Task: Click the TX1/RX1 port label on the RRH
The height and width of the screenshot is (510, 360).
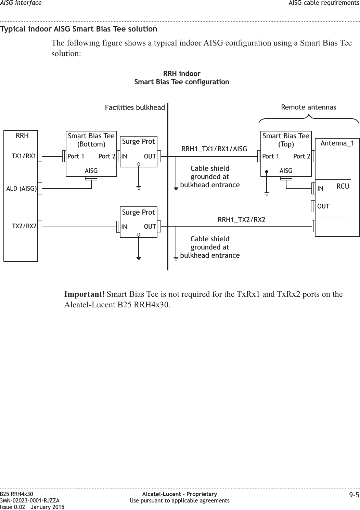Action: pyautogui.click(x=24, y=156)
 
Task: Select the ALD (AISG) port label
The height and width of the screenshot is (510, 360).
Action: pyautogui.click(x=21, y=188)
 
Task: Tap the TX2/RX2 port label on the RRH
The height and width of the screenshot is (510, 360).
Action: pyautogui.click(x=24, y=226)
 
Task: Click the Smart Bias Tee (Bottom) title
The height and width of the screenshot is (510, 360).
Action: pyautogui.click(x=91, y=140)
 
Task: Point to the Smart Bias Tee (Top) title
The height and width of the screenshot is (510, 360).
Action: pyautogui.click(x=286, y=140)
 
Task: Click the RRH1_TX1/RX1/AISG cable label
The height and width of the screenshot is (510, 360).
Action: pyautogui.click(x=214, y=149)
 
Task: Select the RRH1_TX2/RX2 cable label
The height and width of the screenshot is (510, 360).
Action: pyautogui.click(x=242, y=219)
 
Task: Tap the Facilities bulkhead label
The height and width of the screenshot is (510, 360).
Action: pyautogui.click(x=135, y=107)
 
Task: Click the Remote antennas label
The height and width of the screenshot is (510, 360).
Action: pyautogui.click(x=308, y=107)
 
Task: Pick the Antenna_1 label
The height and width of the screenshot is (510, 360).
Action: pyautogui.click(x=337, y=143)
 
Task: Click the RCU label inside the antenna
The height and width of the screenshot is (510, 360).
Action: pyautogui.click(x=343, y=186)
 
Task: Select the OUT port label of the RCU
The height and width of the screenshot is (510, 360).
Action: pyautogui.click(x=323, y=206)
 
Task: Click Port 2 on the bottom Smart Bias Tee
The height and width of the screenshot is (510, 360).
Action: pyautogui.click(x=107, y=156)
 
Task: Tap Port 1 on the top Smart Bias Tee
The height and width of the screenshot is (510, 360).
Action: pyautogui.click(x=271, y=156)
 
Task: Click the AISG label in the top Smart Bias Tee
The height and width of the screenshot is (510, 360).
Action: pyautogui.click(x=286, y=170)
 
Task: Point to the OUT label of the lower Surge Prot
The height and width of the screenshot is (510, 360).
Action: pyautogui.click(x=150, y=227)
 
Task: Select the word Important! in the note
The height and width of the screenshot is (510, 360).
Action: pyautogui.click(x=85, y=294)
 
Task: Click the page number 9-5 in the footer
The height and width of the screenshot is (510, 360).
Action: pyautogui.click(x=354, y=495)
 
